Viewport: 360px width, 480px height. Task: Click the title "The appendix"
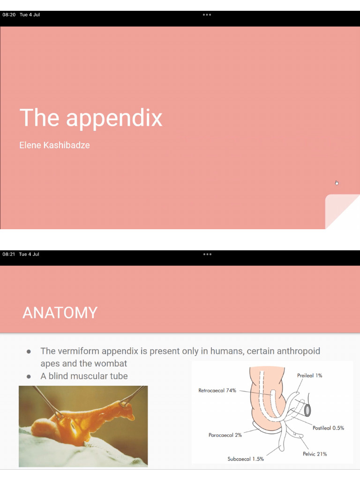(x=91, y=118)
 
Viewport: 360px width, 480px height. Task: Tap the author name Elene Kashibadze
(x=54, y=145)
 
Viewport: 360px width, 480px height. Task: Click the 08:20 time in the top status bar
(x=9, y=15)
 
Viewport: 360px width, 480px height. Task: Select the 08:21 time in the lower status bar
(x=8, y=254)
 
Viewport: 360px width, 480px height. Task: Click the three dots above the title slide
(x=207, y=15)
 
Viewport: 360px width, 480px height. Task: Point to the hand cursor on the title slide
(x=337, y=183)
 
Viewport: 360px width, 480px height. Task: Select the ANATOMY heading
(x=60, y=313)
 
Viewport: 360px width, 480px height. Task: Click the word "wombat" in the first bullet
(x=109, y=363)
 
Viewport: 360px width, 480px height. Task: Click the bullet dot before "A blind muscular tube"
(x=29, y=376)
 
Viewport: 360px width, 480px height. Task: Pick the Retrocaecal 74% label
(x=217, y=390)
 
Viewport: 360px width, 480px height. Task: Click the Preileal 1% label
(x=309, y=375)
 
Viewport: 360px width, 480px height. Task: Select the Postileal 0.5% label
(x=328, y=428)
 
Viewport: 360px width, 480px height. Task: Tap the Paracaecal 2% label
(x=225, y=435)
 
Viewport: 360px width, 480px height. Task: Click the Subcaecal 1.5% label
(x=246, y=459)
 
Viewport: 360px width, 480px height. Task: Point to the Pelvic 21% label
(x=315, y=454)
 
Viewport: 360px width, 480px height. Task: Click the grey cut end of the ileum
(x=307, y=410)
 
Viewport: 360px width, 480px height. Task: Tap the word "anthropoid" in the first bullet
(x=299, y=351)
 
